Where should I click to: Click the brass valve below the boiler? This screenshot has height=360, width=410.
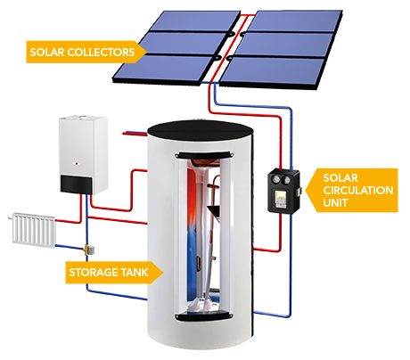[x=86, y=252]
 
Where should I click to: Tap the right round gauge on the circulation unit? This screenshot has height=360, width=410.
[x=287, y=180]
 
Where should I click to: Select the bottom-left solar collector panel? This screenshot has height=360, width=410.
[x=192, y=66]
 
